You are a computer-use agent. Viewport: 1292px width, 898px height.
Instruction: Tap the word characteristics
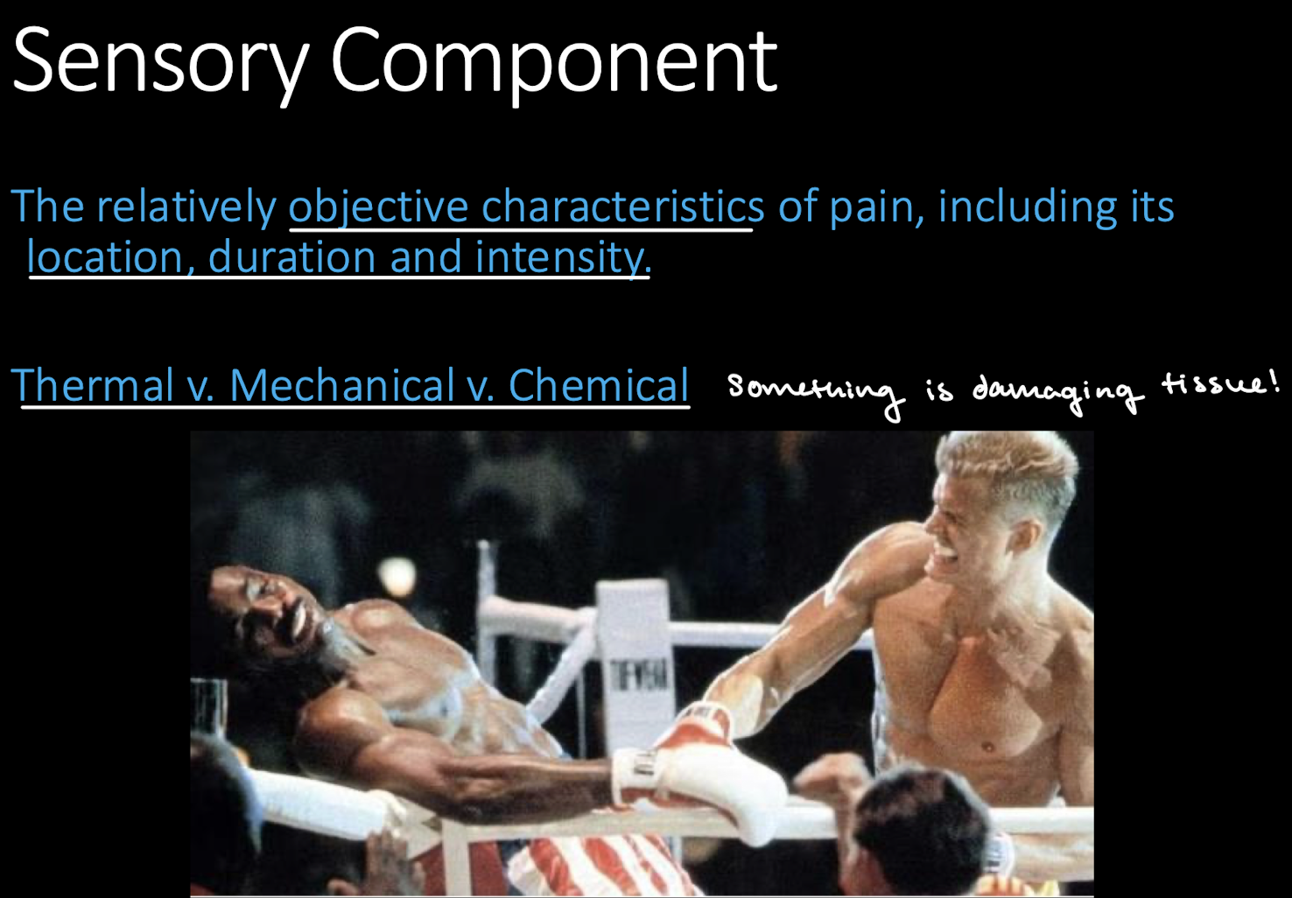(622, 207)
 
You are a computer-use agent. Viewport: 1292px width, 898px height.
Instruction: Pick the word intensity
(561, 257)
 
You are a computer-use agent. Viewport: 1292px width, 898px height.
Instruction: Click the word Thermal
(93, 385)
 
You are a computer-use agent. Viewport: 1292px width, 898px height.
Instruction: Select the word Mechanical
(341, 385)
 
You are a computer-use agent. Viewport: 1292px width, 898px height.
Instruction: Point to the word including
(1028, 207)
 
